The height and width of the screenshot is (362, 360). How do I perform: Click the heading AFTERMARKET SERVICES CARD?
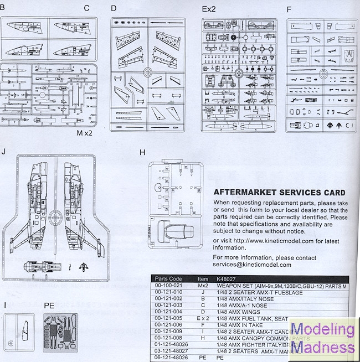point(279,193)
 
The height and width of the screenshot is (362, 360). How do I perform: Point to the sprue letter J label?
point(4,151)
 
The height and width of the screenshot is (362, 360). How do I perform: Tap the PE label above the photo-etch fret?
point(49,306)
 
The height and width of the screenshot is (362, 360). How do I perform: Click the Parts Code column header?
point(168,278)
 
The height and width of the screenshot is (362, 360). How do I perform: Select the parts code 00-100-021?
point(168,286)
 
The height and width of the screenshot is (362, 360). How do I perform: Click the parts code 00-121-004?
point(168,312)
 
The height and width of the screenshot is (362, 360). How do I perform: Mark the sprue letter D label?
point(114,9)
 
